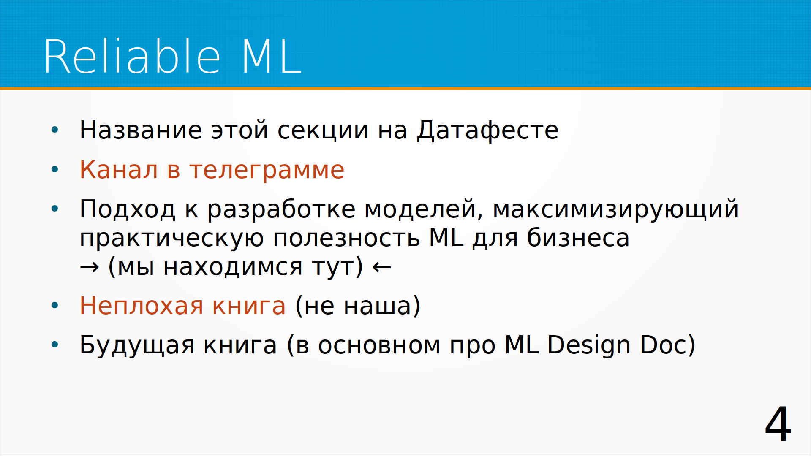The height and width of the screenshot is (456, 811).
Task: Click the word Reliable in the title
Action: click(132, 57)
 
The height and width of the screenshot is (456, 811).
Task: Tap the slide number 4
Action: click(778, 424)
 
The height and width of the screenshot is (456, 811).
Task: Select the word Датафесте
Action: click(488, 130)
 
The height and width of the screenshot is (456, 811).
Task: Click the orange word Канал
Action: click(119, 170)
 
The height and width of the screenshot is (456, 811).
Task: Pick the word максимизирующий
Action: click(615, 209)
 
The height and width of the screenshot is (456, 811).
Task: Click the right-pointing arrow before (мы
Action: click(90, 267)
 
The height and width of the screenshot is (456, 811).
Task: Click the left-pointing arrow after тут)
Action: click(382, 267)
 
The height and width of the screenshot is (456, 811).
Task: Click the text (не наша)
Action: click(358, 306)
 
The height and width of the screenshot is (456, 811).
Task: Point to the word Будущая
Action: click(137, 345)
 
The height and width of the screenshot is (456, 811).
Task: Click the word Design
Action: click(589, 345)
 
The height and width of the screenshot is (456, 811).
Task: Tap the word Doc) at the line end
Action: click(668, 345)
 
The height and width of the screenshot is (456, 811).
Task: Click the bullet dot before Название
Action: click(54, 130)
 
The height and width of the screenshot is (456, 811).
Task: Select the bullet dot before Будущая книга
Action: click(54, 345)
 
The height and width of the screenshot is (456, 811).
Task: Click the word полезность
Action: click(346, 238)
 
